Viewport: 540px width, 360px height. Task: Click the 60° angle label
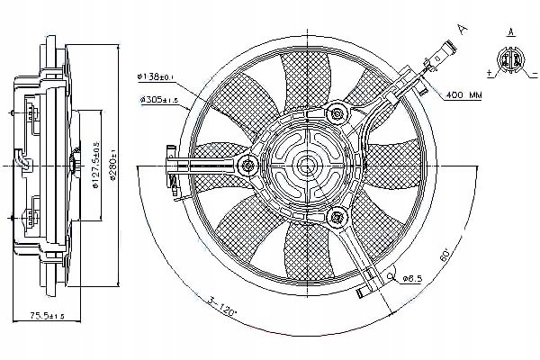click(x=445, y=255)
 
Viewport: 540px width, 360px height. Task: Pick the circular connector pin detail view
click(x=510, y=62)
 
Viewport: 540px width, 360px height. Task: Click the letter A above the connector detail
click(x=510, y=33)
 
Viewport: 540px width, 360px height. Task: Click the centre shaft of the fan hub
click(x=306, y=164)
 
